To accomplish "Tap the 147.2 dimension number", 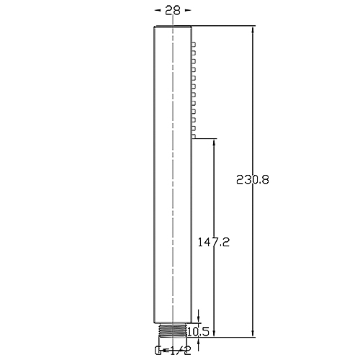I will coord(213,243).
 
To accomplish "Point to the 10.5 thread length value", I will coord(199,331).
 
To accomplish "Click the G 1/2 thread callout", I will coord(173,351).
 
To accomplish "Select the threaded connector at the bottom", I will coord(173,330).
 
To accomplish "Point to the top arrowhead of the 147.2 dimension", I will coord(213,143).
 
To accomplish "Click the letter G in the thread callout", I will coord(158,351).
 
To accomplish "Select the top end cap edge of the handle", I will coord(173,27).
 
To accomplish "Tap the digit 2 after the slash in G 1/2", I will coord(188,351).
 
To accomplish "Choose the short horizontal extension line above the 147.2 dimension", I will coord(205,138).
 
